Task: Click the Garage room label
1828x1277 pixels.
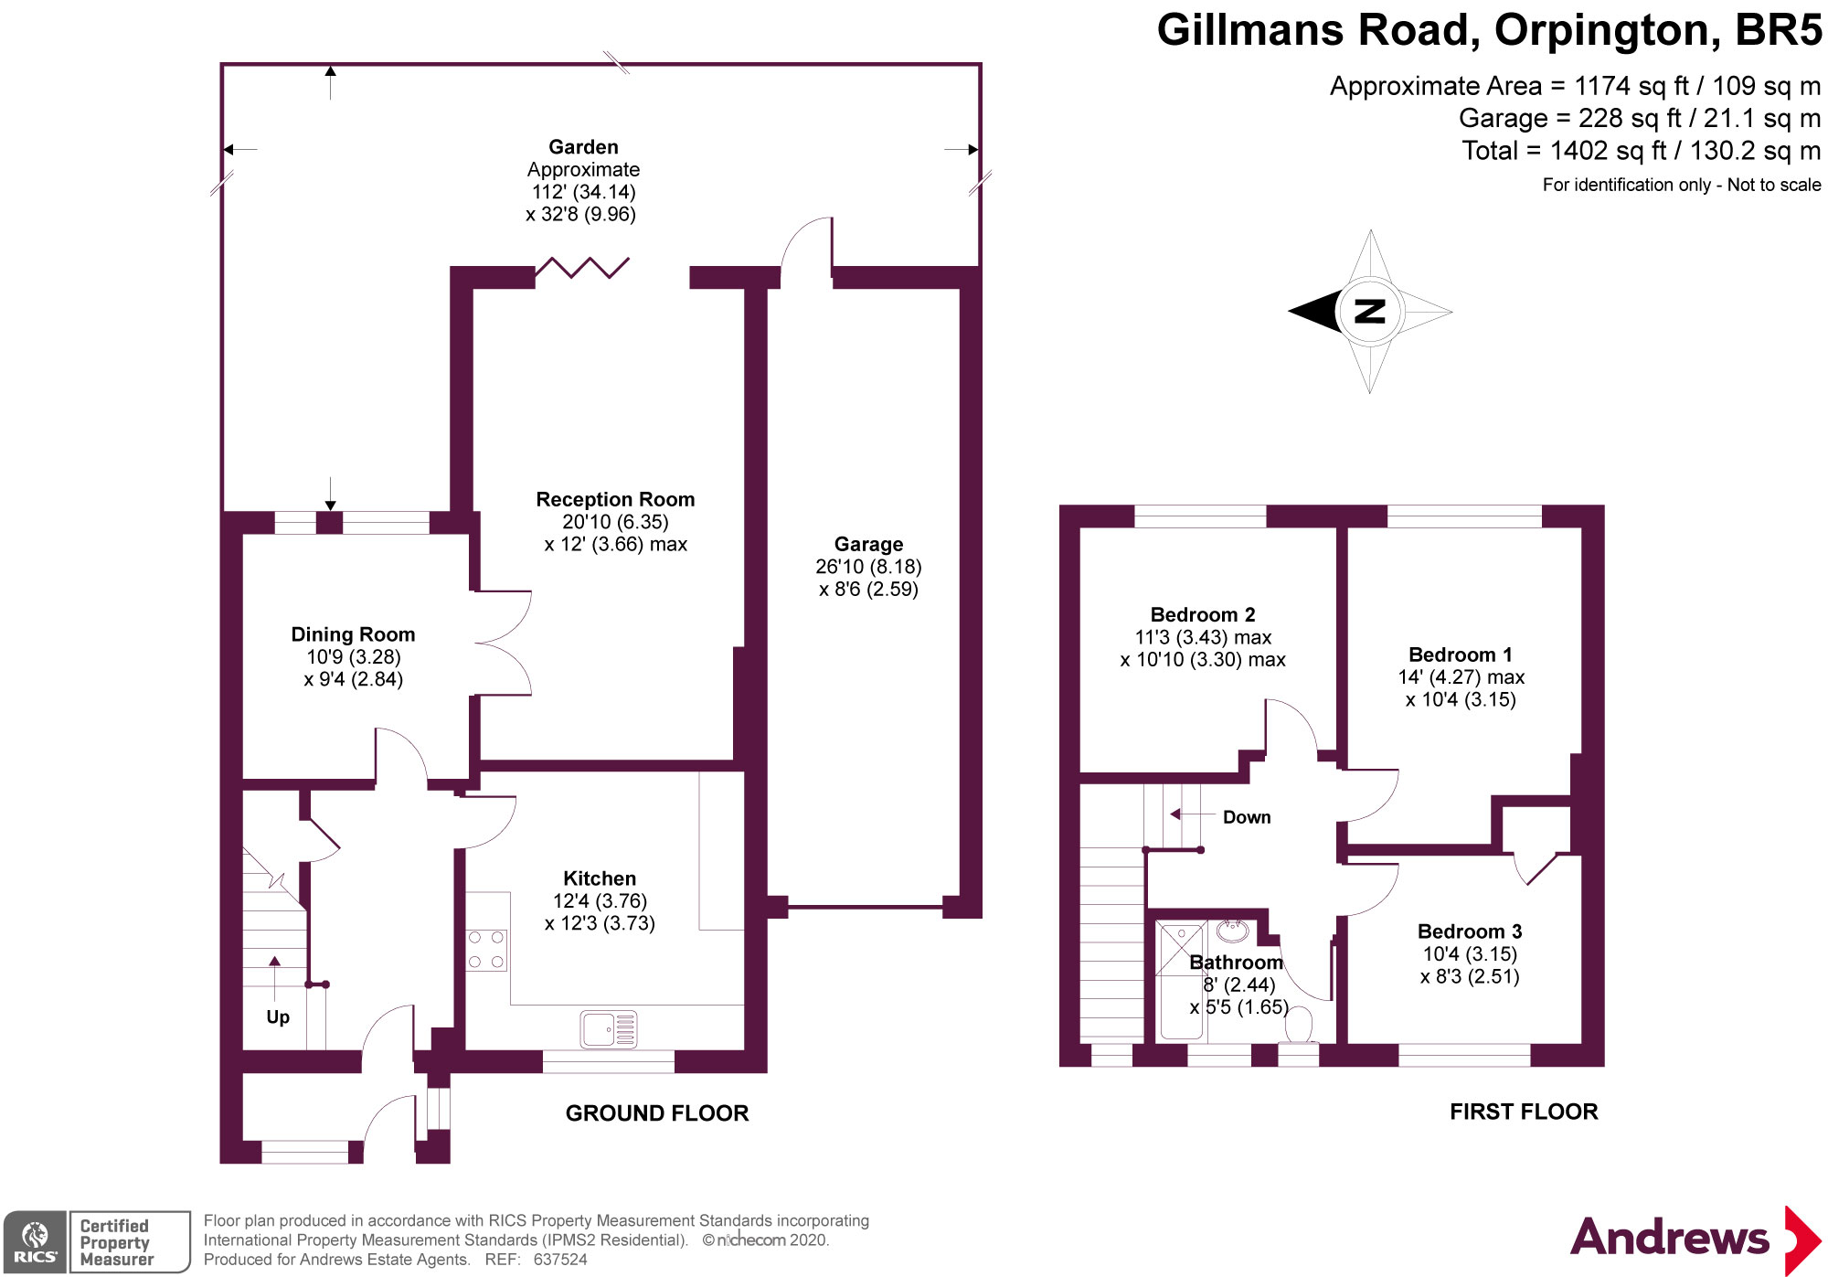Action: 868,544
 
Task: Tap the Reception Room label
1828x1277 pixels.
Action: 615,499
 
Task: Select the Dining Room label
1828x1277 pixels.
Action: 353,634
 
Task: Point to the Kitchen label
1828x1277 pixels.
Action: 600,878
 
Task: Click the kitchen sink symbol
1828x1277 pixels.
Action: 609,1029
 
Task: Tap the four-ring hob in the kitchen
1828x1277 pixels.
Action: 486,950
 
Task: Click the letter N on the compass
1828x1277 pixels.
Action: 1369,312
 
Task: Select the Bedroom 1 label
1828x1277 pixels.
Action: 1461,654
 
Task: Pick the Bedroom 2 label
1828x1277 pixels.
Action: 1203,614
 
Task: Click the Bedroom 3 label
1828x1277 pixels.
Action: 1470,931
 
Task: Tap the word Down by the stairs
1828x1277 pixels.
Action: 1247,817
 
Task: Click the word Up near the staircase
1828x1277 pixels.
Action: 278,1017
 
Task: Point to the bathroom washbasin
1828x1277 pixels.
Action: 1232,931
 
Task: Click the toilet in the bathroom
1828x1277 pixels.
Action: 1298,1026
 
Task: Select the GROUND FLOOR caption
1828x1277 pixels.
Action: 657,1113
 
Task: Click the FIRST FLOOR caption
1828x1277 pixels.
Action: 1524,1112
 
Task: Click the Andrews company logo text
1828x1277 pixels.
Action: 1669,1238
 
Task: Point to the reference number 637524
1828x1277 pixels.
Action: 560,1260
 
